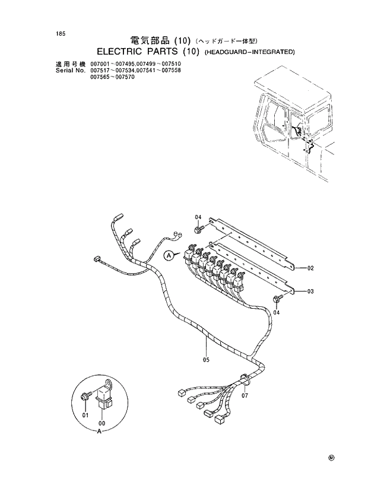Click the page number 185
(61, 33)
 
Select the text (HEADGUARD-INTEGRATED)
(250, 53)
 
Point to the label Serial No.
(71, 70)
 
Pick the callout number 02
(310, 269)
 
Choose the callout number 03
(310, 292)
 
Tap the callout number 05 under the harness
(206, 359)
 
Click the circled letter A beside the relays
(169, 255)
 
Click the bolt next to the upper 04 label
(198, 229)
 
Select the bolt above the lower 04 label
(277, 300)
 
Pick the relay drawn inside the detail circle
(104, 395)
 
